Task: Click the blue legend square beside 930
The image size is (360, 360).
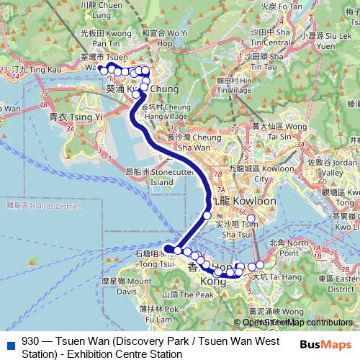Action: [x=9, y=343]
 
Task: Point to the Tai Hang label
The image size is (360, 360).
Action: [x=271, y=276]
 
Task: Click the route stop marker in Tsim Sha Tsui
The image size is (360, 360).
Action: [x=251, y=219]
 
